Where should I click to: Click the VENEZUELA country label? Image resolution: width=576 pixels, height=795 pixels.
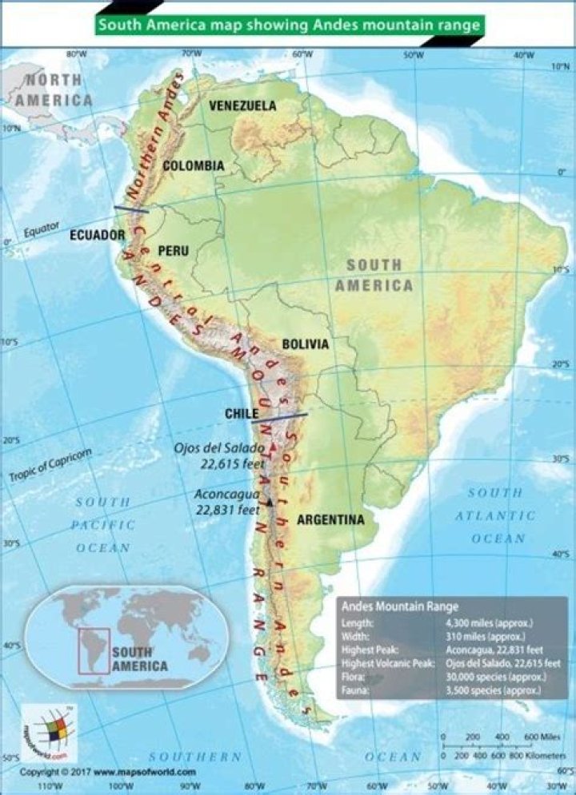242,105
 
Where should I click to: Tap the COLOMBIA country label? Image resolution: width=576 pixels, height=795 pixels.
194,165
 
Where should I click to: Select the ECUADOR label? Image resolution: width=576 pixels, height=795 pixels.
98,235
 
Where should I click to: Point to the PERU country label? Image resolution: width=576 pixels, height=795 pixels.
174,251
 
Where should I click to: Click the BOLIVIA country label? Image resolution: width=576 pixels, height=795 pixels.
305,344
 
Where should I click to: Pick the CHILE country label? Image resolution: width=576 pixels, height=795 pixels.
242,414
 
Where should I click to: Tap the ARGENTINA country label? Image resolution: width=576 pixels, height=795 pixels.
330,520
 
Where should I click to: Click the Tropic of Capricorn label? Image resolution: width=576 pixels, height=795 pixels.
51,465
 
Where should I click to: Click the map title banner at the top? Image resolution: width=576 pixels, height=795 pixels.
289,25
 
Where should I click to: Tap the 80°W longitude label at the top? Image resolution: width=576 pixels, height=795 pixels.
76,54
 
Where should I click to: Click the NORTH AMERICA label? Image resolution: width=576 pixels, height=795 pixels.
54,89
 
